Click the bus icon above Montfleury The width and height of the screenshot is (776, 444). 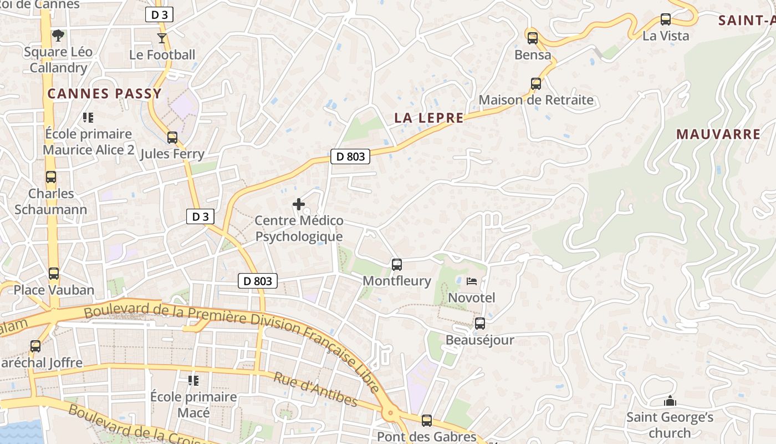coord(397,264)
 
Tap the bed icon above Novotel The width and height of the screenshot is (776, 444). coord(472,281)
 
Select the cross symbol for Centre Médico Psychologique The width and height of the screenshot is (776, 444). coord(299,204)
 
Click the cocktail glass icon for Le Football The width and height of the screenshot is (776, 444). coord(162,38)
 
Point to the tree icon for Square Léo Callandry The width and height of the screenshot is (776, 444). coord(58,36)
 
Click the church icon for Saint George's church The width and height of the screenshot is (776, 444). coord(670,401)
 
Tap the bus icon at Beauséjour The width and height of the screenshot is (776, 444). coord(480,323)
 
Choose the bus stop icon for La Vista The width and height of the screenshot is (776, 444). coord(666,19)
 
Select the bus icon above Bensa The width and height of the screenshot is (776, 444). coord(533,38)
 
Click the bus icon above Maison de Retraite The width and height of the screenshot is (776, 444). coord(536,84)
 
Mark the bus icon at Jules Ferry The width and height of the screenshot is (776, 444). coord(172,137)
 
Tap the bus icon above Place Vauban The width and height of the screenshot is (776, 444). coord(54,273)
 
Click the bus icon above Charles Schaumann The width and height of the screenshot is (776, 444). coord(51,177)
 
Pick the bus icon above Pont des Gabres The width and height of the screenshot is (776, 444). coord(426,420)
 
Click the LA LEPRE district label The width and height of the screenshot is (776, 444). coord(428,118)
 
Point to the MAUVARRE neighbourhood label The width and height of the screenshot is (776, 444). coord(718,134)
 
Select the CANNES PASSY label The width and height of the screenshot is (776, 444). coord(104,93)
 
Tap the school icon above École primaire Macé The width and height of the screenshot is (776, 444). coord(193,380)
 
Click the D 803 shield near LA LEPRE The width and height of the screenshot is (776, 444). coord(351,157)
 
